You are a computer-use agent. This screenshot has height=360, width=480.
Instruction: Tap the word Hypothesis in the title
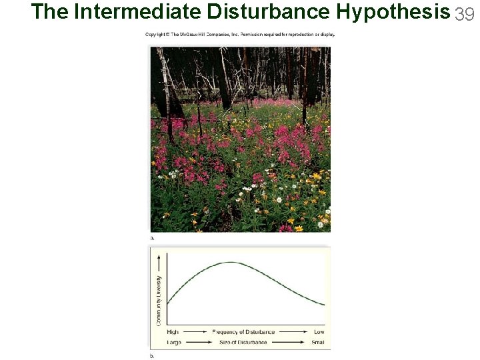(x=393, y=12)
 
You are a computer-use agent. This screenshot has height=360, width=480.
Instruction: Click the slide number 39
(x=465, y=13)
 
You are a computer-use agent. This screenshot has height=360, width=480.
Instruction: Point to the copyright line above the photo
(x=240, y=35)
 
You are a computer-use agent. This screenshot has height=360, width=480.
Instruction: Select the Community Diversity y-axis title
(x=159, y=299)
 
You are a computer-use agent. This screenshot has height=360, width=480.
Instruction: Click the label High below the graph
(x=173, y=332)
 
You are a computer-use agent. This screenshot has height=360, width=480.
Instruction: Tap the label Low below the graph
(x=319, y=332)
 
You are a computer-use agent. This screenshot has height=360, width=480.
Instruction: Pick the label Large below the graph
(x=174, y=343)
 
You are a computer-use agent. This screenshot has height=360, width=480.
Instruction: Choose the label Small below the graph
(x=318, y=343)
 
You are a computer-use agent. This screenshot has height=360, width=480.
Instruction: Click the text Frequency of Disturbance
(x=243, y=332)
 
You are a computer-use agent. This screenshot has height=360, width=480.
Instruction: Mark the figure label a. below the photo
(x=152, y=237)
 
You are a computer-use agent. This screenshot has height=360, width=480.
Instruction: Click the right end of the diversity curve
(x=324, y=305)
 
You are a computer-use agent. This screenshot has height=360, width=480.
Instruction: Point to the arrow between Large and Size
(x=197, y=343)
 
